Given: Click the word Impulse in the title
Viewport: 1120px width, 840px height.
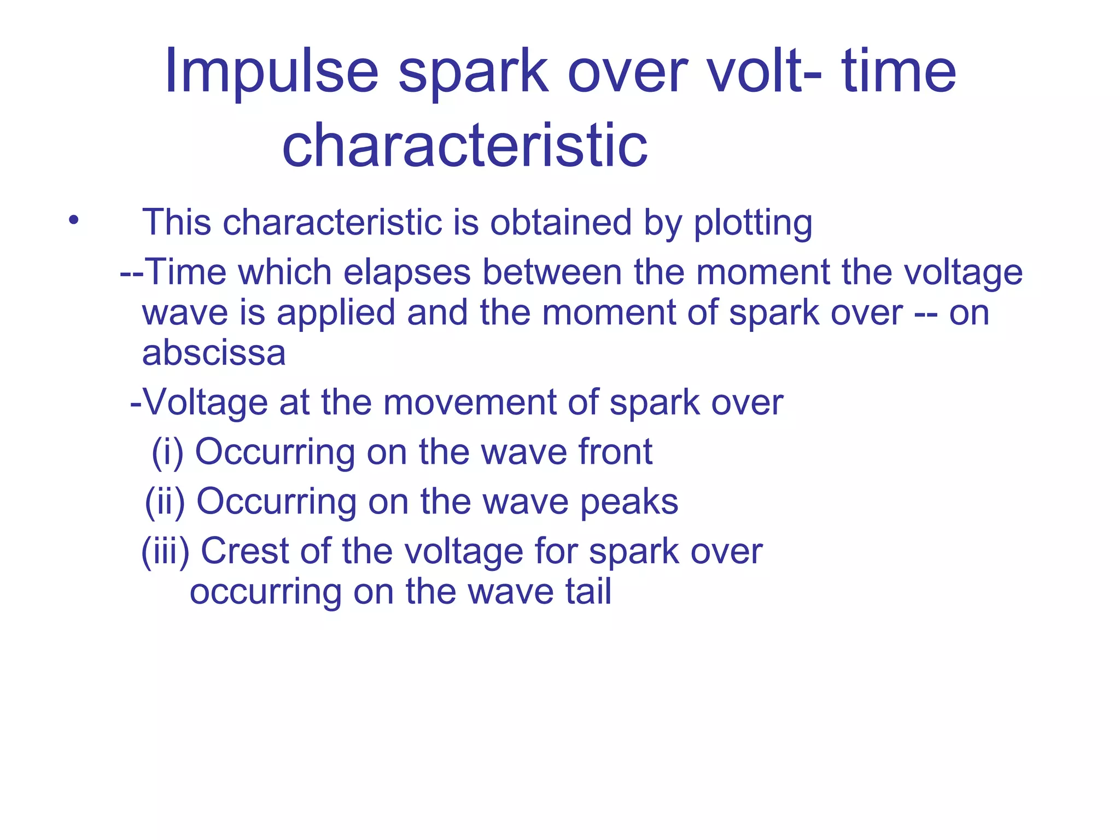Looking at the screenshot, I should coord(271,72).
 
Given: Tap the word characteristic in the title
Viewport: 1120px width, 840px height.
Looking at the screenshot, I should coord(465,145).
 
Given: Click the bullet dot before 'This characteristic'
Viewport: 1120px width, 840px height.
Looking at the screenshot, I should coord(74,221).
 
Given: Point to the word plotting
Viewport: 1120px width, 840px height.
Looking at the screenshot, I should coord(753,224).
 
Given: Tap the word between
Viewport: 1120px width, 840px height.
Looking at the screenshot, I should coord(552,272).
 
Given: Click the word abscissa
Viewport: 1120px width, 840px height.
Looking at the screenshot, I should coord(214,353).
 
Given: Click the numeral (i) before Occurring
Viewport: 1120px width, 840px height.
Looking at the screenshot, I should coord(167,452).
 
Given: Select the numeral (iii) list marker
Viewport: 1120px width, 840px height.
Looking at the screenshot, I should coord(165,551).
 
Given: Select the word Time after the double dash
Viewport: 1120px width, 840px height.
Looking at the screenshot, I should coord(185,272).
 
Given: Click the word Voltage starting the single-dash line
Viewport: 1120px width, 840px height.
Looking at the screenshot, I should coord(206,403).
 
